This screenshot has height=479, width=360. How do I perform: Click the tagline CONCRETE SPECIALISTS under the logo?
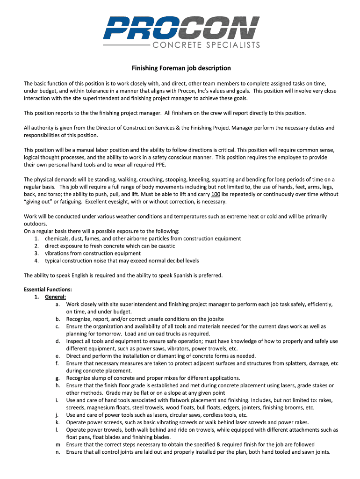pyautogui.click(x=206, y=45)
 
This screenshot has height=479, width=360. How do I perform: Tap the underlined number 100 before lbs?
pyautogui.click(x=216, y=194)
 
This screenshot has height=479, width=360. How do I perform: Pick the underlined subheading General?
pyautogui.click(x=55, y=297)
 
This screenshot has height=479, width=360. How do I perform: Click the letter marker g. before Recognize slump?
pyautogui.click(x=58, y=378)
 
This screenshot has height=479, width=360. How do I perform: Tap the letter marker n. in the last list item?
pyautogui.click(x=58, y=452)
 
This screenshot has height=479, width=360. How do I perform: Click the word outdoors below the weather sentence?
pyautogui.click(x=35, y=224)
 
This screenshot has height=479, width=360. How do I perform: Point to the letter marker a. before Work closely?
pyautogui.click(x=58, y=304)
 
